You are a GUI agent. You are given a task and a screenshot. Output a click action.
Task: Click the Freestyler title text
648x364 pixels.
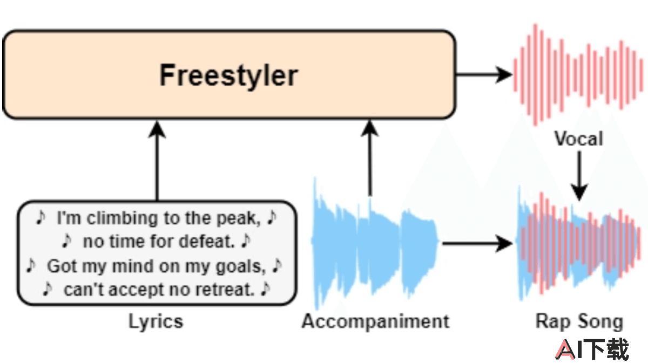228,75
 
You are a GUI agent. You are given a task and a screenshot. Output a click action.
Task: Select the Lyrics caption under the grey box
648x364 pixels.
156,322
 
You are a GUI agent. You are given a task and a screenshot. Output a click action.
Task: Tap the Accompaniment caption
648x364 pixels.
375,322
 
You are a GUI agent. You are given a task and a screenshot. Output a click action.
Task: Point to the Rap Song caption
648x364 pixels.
579,322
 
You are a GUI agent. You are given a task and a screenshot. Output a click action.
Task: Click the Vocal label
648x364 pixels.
578,139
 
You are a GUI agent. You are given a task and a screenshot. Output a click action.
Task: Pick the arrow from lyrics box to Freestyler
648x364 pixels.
157,161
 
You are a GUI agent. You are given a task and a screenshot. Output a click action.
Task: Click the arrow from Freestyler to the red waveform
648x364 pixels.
484,75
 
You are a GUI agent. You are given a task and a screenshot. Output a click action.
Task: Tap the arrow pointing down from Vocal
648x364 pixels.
579,176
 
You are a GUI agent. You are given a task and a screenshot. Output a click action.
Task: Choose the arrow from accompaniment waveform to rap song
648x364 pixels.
477,244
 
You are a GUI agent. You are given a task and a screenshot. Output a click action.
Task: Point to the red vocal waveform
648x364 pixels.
578,75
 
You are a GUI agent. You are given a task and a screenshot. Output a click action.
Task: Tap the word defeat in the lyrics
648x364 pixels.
206,242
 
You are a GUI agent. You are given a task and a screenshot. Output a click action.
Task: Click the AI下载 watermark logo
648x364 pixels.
592,349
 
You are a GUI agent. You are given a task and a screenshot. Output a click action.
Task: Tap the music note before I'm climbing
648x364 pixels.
41,217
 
